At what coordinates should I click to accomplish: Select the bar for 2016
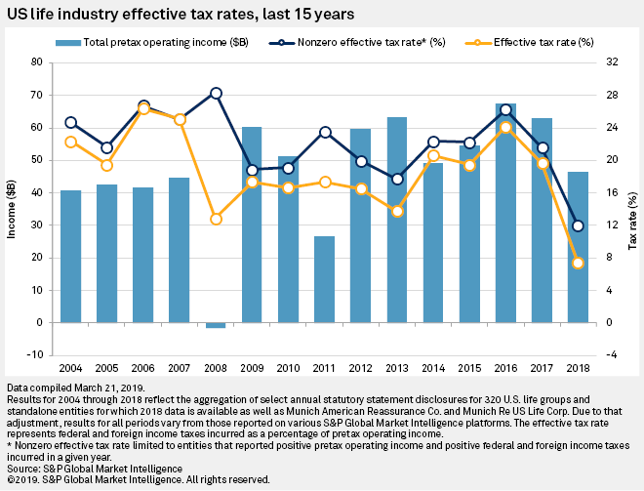coord(504,215)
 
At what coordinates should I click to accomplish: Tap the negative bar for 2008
coord(216,325)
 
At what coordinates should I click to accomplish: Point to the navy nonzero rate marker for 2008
coord(216,93)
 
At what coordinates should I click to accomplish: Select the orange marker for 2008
coord(216,219)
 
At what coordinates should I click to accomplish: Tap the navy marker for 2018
coord(578,225)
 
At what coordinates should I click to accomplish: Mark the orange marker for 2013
coord(396,211)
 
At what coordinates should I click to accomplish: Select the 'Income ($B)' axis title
coord(13,208)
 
